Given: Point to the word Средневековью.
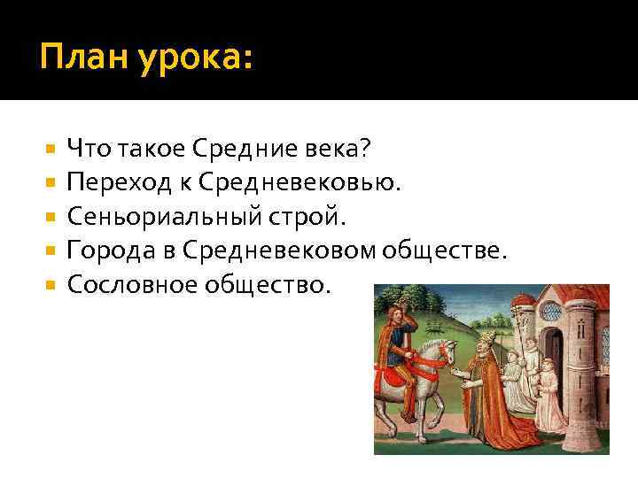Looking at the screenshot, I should point(300,182).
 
